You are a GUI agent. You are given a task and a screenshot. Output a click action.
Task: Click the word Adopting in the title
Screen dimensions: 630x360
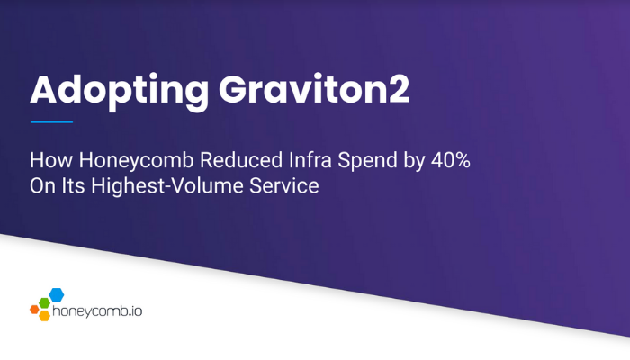coord(120,92)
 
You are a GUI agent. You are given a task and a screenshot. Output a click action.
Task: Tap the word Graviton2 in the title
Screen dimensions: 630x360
coord(314,89)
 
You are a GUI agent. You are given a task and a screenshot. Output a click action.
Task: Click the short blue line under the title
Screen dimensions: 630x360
coord(51,121)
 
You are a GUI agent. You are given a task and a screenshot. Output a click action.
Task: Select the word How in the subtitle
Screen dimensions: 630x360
coord(51,160)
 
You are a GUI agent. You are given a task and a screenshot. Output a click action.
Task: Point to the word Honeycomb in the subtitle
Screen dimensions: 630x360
coord(137,161)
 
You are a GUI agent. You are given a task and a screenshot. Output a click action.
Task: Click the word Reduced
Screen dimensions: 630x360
coord(241,160)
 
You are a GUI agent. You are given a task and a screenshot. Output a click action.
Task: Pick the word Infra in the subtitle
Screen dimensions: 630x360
coord(310,160)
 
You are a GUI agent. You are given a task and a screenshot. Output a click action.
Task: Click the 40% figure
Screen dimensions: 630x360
coord(451,160)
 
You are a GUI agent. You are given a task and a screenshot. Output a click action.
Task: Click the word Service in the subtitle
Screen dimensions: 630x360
coord(284,185)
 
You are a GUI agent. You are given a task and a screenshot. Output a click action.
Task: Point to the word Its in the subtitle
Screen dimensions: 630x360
coord(73,185)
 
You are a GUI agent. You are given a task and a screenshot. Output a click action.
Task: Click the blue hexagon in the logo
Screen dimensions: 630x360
coord(57,294)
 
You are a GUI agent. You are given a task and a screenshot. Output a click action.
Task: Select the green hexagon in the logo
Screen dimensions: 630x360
coord(44,303)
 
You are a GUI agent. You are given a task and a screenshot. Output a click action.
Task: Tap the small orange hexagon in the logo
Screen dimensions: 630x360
coord(34,310)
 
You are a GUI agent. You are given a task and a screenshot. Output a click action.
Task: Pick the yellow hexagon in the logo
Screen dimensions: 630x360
coord(45,315)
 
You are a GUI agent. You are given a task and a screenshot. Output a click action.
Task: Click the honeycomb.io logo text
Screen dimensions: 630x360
coord(97,311)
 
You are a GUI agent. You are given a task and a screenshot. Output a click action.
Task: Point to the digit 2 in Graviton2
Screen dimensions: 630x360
coord(398,89)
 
